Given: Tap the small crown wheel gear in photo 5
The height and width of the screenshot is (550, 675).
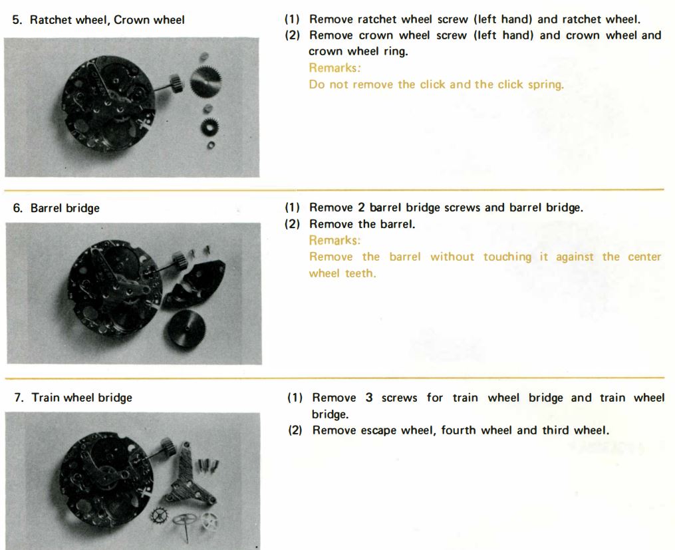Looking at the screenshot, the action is (210, 126).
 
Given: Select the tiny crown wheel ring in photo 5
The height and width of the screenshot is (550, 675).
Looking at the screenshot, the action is (211, 146).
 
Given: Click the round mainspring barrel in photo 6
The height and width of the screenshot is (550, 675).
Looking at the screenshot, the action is (186, 329).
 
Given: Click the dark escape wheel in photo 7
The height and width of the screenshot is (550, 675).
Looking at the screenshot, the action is (160, 515).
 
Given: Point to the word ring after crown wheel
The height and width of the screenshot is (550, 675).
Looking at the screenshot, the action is (396, 52).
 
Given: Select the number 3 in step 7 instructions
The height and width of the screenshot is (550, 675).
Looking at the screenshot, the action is (369, 397).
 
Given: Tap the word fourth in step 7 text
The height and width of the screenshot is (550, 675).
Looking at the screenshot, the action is (459, 430).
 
